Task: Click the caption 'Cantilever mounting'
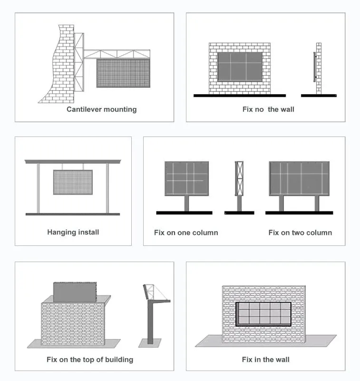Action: click(101, 109)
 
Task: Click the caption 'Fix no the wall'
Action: click(268, 109)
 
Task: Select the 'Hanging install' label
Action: click(73, 232)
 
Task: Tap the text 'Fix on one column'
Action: click(186, 233)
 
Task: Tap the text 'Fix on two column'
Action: click(300, 233)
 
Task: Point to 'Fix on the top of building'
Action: click(90, 359)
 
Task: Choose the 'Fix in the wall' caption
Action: click(265, 359)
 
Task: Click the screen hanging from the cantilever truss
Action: click(123, 73)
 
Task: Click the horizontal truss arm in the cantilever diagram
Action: click(117, 54)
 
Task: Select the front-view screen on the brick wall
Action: click(240, 66)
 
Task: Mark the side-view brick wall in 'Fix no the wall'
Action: click(319, 68)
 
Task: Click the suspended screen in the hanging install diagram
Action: click(73, 182)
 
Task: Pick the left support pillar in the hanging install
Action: click(38, 188)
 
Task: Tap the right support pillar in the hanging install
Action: click(107, 188)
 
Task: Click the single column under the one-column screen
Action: click(186, 204)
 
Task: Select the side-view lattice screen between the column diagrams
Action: click(239, 178)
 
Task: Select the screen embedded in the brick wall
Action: click(263, 314)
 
